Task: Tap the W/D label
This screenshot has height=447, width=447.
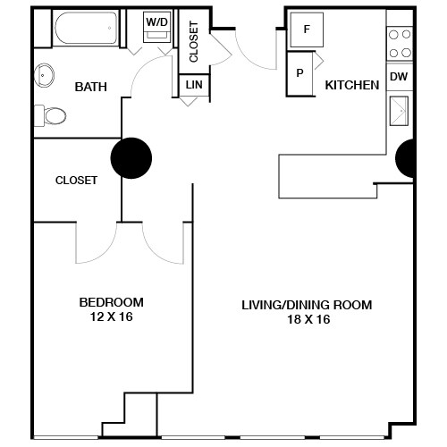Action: coord(156,21)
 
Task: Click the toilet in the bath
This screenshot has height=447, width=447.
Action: coord(53,115)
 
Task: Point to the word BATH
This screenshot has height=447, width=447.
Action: coord(90,87)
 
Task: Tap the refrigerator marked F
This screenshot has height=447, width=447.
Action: coord(308,29)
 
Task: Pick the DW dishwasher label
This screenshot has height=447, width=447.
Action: coord(400,77)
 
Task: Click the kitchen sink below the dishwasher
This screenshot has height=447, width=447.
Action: coord(399,111)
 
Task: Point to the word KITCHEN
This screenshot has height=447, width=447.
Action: coord(351,85)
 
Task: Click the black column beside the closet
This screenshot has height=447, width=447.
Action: coord(130,158)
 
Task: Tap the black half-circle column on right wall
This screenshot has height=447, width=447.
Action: coord(405,158)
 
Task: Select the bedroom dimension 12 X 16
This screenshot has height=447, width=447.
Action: coord(111,316)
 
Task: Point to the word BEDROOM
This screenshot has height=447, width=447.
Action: coord(111,302)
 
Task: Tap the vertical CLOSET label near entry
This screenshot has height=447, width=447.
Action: coord(194,41)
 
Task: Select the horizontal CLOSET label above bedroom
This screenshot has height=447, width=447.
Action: coord(76,180)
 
